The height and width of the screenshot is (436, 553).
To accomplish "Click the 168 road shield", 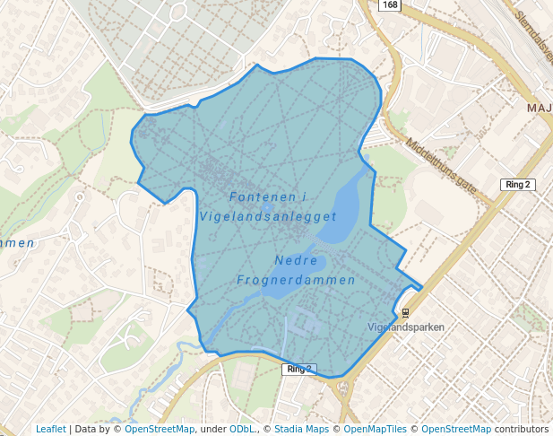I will coord(389,5).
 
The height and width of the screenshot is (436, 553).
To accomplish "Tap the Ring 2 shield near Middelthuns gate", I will coord(517,185).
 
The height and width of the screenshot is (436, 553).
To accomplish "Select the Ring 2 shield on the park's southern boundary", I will coord(298,370).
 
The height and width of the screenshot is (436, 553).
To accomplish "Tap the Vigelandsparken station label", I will coord(406,327).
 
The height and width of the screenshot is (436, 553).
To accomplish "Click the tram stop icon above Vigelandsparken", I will coord(406,313).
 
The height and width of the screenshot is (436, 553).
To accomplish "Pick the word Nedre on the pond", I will coord(296,260).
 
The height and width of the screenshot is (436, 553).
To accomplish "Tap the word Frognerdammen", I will coord(296,280).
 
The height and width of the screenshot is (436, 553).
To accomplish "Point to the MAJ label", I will coord(540,109).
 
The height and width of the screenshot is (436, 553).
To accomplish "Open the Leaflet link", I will coord(50,429).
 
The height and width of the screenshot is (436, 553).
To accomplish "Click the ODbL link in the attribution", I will coord(242,429).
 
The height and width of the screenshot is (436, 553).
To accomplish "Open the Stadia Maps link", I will coord(302,429).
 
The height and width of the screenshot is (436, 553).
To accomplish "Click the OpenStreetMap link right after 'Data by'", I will coord(160,429).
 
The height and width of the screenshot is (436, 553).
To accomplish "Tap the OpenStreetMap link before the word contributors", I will coord(456,429).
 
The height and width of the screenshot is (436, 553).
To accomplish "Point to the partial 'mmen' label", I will coord(17,243).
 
